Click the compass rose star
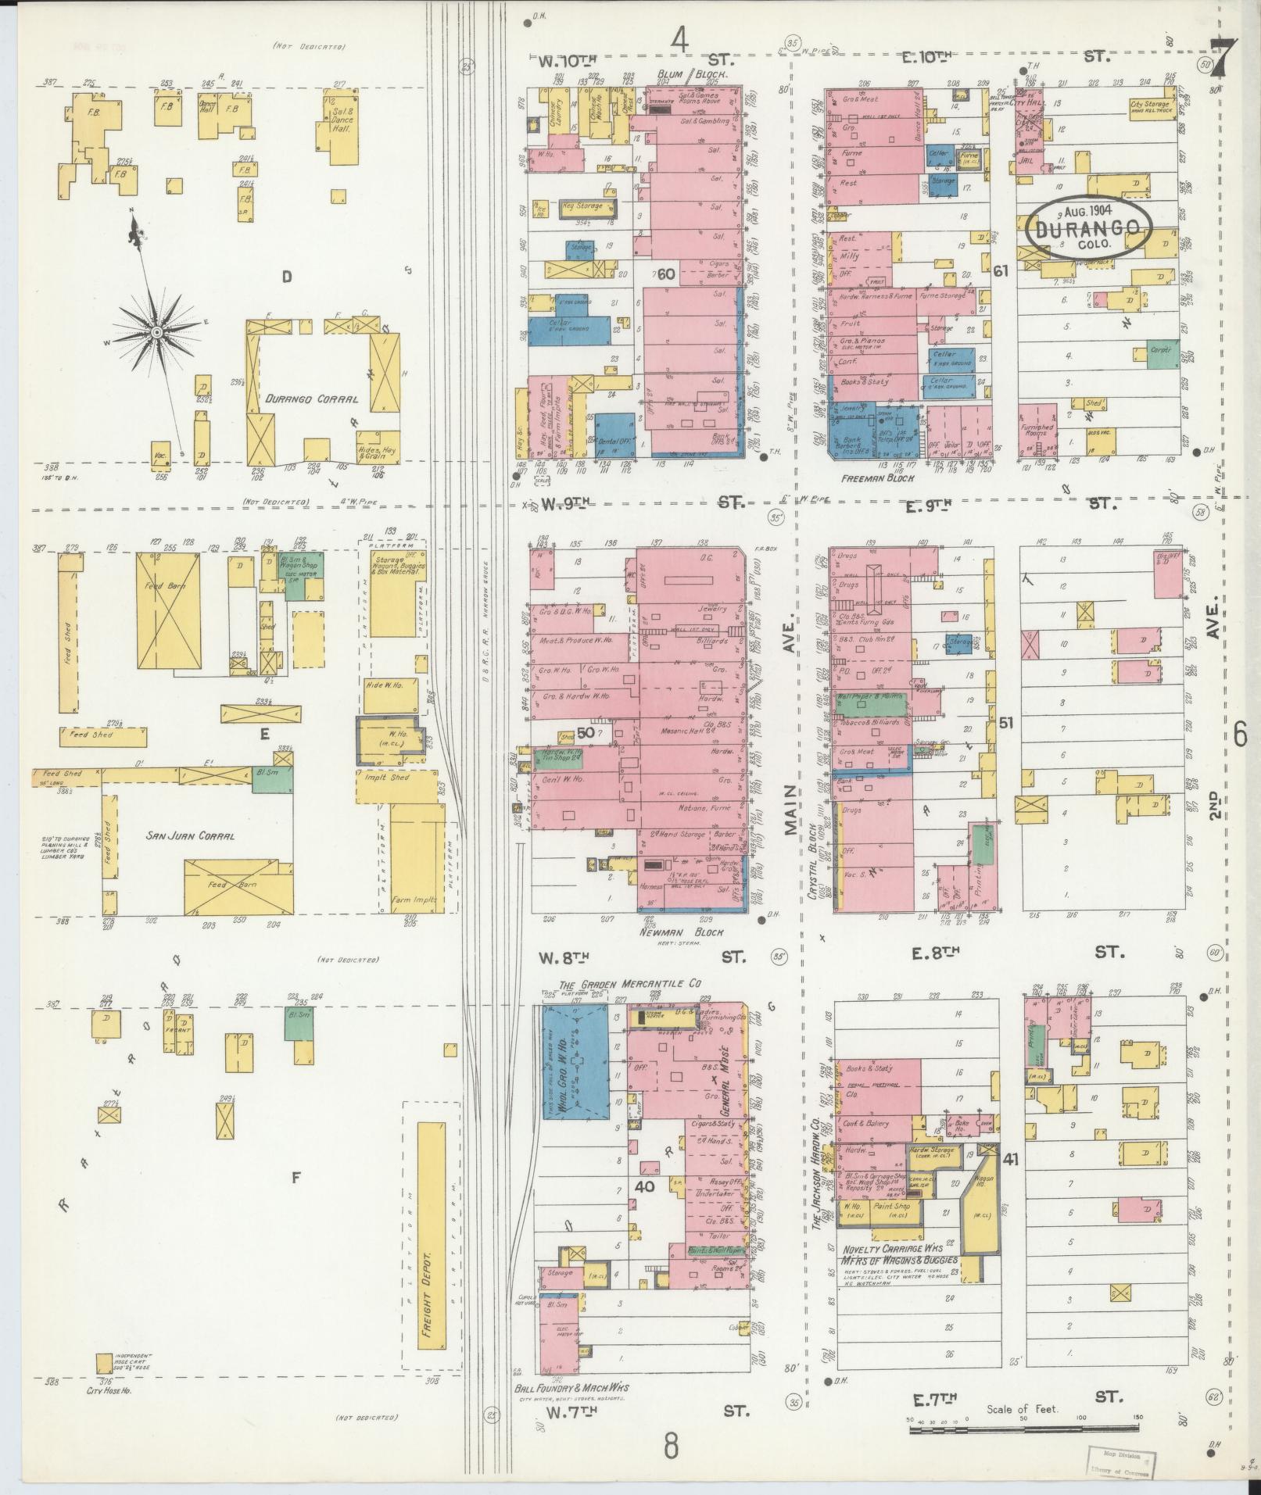click(156, 333)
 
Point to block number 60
click(666, 274)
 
